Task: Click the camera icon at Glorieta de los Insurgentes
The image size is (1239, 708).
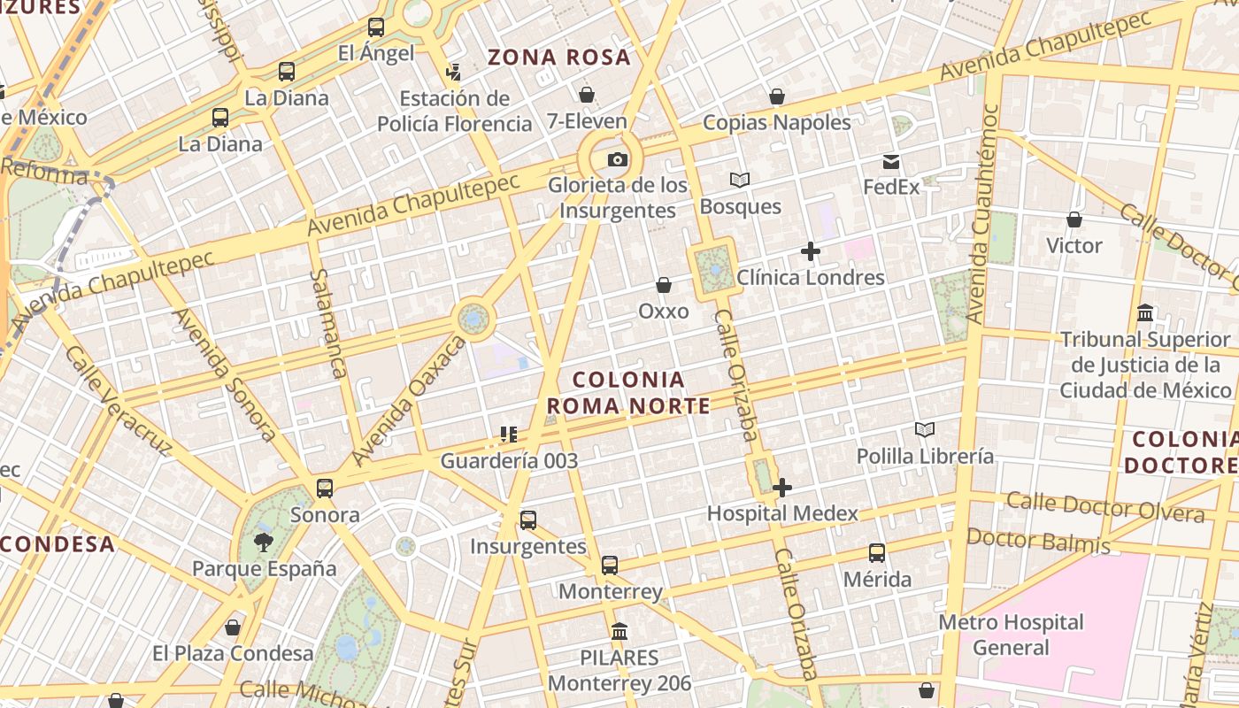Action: point(618,160)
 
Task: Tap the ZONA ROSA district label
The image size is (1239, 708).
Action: point(559,58)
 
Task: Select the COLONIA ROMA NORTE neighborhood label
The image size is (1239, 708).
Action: point(628,393)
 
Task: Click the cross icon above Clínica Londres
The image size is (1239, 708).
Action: point(810,251)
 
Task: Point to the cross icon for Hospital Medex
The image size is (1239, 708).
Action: point(782,488)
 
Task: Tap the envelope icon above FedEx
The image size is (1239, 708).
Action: point(891,162)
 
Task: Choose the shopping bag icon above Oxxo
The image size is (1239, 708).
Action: point(663,285)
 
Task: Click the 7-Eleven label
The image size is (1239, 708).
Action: point(587,121)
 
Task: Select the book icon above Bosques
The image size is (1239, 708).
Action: point(740,181)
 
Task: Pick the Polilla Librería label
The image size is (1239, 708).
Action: point(925,457)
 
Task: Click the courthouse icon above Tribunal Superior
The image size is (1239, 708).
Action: point(1145,313)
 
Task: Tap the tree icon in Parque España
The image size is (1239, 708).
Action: point(263,542)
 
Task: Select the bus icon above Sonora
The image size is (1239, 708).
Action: point(325,488)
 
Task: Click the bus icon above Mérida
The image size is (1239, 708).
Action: point(877,553)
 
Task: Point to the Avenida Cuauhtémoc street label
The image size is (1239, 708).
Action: point(983,212)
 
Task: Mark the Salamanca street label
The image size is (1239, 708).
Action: point(326,323)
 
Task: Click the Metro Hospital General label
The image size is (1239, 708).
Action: point(1011,635)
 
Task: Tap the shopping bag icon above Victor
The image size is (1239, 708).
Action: point(1074,219)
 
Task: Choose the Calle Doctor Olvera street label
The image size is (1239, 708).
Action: point(1104,507)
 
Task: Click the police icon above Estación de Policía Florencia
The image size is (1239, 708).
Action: point(454,72)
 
